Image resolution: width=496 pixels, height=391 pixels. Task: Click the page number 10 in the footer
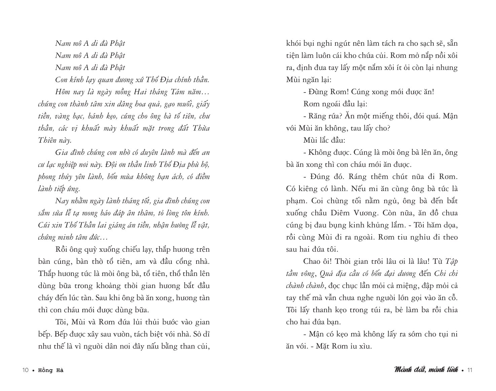click(25, 370)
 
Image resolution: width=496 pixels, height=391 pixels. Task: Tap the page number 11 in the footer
click(470, 370)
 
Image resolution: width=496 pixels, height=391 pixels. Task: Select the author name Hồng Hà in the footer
click(51, 370)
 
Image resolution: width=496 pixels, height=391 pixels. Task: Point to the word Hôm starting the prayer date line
click(63, 92)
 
